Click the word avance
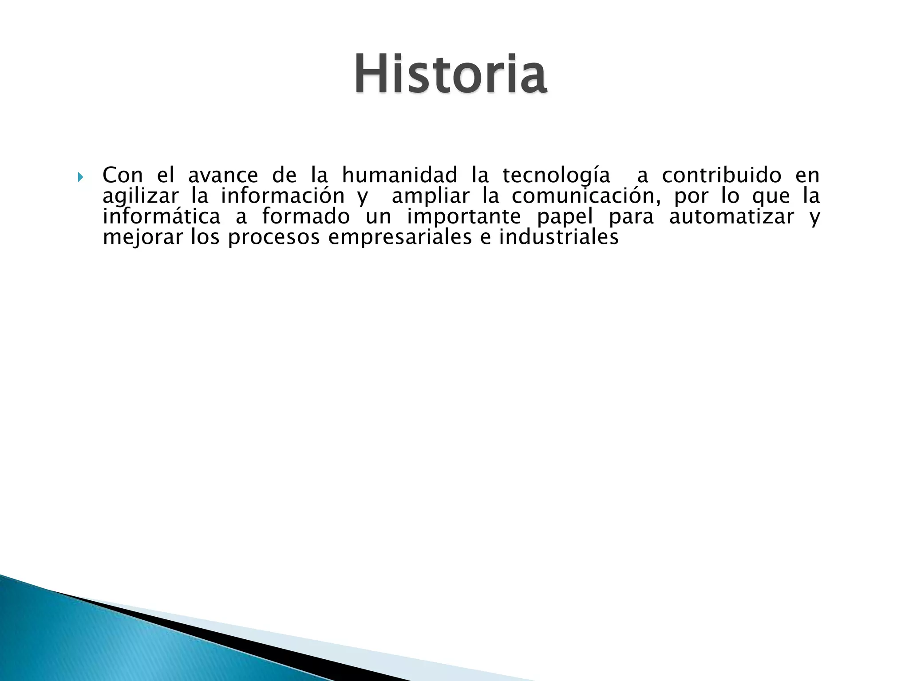[x=223, y=176]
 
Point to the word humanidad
[x=399, y=176]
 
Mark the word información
[x=283, y=197]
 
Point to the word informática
[x=162, y=217]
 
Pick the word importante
[x=464, y=217]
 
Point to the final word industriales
[x=559, y=237]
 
